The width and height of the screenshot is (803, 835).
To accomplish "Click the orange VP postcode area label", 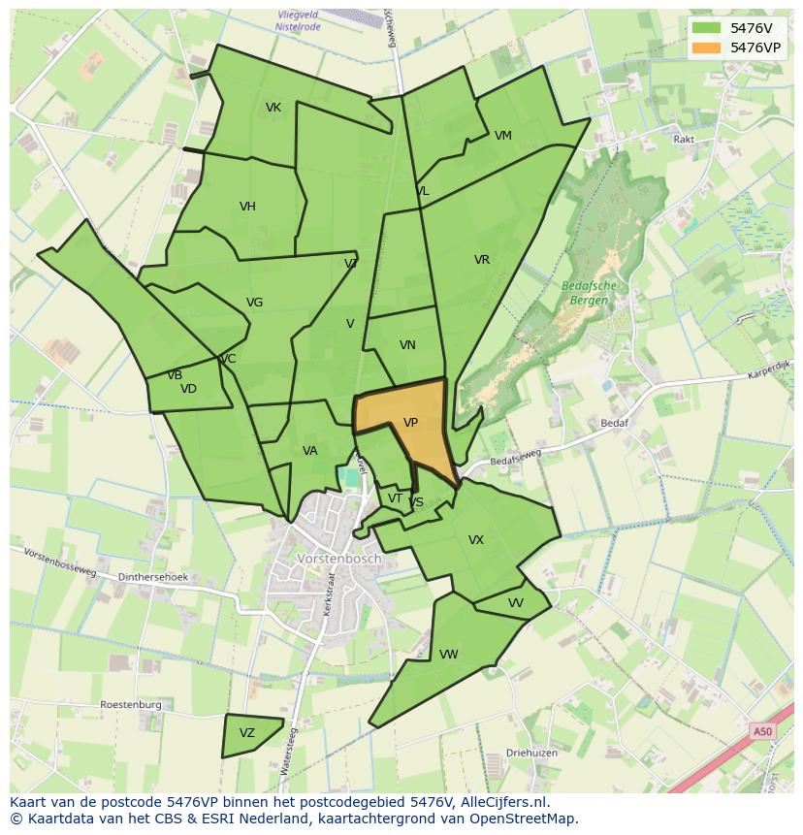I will point(410,423).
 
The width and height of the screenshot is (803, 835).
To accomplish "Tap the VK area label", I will point(273,108).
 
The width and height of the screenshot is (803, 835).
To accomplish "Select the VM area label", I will point(502,136).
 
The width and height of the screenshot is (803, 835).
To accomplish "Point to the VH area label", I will point(247,207).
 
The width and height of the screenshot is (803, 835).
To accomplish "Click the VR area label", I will point(482,260).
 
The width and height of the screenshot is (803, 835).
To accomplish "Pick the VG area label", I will point(254,303).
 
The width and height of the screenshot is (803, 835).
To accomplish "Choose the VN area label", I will point(407,345).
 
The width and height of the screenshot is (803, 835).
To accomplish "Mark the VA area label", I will point(309,451).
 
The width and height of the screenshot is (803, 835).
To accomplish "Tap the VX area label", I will point(476,540).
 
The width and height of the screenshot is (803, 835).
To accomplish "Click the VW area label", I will point(448,655).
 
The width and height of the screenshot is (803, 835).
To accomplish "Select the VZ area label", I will point(246,733).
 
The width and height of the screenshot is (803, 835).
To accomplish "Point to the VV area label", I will point(516,603).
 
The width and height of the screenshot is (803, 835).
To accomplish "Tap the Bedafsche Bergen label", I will point(590,293).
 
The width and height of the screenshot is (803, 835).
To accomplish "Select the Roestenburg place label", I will point(130,705).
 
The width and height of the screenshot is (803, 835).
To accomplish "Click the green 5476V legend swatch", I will point(707,27).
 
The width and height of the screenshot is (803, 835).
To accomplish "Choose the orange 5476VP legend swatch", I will point(707,47).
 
